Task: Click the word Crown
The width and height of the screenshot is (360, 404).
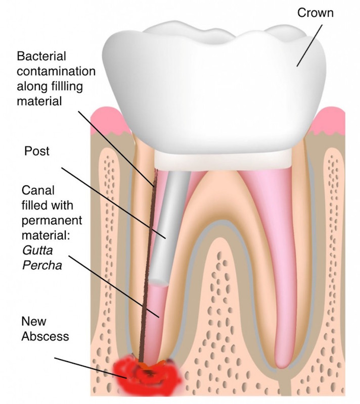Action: (x=315, y=13)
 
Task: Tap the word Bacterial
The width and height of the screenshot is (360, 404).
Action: (x=41, y=56)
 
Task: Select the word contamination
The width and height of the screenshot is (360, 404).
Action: (x=56, y=71)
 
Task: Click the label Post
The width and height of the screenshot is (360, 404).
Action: (x=36, y=151)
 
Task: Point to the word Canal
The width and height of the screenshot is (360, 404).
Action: (x=38, y=190)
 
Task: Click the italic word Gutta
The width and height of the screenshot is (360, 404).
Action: (x=37, y=250)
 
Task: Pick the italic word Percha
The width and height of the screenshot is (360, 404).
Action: (x=42, y=265)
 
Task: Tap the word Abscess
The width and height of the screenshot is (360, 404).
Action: (x=45, y=336)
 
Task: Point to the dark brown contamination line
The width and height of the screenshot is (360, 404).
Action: (x=148, y=266)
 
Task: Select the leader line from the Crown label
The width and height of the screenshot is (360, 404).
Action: (x=309, y=45)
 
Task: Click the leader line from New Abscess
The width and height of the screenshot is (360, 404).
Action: (x=91, y=368)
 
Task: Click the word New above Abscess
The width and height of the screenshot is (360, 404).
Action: (x=34, y=321)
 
